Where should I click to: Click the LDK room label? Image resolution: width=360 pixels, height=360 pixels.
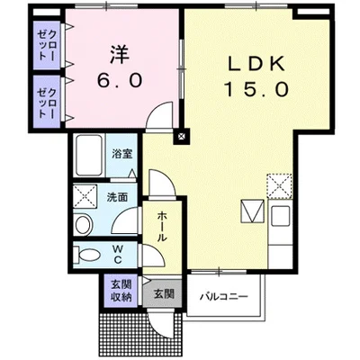point(256,64)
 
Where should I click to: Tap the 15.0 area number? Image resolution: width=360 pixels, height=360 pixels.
point(256,89)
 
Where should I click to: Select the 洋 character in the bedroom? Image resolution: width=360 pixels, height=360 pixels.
point(119,55)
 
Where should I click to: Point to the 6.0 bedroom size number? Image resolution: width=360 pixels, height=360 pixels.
point(119,80)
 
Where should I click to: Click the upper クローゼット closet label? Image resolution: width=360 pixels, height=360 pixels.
point(47,46)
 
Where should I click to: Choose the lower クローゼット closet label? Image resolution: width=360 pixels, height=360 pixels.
point(47,103)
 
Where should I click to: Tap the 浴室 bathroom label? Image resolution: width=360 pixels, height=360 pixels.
point(121,154)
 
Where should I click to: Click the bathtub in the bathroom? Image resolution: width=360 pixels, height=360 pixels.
point(89,156)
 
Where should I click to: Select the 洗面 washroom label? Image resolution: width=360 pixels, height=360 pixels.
point(117,197)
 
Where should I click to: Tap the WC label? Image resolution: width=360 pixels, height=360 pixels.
point(118,254)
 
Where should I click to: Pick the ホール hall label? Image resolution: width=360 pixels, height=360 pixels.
point(162,226)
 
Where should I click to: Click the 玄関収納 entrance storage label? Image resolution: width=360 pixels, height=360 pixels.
point(121,291)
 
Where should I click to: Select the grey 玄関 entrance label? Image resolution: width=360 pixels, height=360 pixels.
point(164,293)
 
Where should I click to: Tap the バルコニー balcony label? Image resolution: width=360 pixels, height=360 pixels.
point(225,297)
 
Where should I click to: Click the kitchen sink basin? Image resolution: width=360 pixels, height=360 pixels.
point(281,216)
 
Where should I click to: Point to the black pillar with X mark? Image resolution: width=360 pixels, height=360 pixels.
point(181,137)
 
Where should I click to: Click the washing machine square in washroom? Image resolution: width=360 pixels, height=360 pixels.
point(85,196)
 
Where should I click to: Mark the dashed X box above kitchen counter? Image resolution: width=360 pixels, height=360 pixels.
point(280,186)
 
